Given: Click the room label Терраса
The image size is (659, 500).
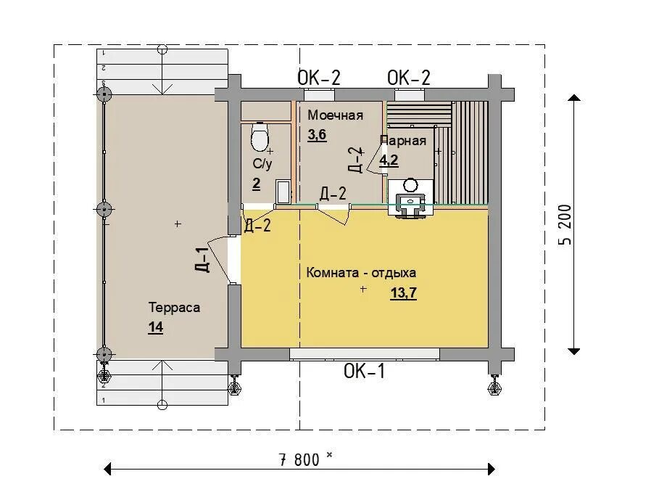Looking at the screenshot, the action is (x=174, y=308).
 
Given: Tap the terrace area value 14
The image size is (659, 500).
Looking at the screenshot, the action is (x=155, y=327).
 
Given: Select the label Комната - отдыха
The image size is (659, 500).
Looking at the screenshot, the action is (x=361, y=273).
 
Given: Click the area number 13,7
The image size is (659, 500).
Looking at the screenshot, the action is (x=404, y=292).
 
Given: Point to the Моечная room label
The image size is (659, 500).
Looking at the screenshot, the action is (x=335, y=115).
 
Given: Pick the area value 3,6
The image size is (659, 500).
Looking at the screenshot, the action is (x=317, y=135).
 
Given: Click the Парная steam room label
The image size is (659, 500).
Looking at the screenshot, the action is (x=403, y=141).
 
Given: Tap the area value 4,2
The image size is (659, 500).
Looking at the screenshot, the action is (x=389, y=160).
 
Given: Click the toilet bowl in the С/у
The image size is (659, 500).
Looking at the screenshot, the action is (x=260, y=136).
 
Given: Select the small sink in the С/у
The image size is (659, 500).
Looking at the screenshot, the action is (x=283, y=192).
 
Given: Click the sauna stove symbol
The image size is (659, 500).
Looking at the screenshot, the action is (x=410, y=197).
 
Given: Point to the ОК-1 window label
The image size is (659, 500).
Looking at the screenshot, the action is (x=364, y=372).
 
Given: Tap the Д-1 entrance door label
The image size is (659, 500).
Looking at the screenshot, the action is (x=202, y=260).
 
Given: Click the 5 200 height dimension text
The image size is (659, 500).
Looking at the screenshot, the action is (x=565, y=224).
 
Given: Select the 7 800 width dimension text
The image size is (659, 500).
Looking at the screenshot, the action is (x=299, y=460).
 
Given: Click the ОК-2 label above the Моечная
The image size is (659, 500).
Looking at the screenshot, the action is (x=318, y=78).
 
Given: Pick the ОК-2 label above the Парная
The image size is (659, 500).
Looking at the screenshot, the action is (x=408, y=78).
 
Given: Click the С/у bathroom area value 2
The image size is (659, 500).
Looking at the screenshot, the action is (x=256, y=184).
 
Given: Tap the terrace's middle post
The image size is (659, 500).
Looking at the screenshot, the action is (x=104, y=209).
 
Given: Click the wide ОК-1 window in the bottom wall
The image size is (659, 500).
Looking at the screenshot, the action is (x=365, y=354).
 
